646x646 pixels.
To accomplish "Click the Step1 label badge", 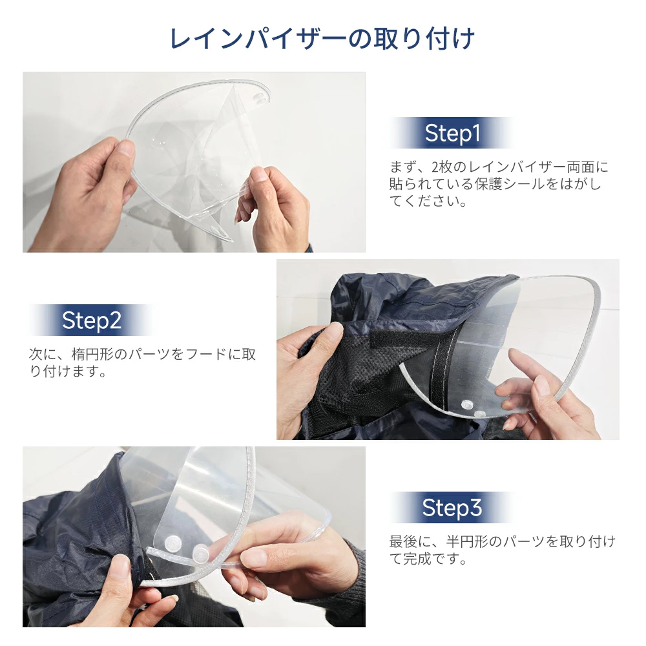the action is pos(452,133).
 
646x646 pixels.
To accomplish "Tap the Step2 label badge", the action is pos(92,320).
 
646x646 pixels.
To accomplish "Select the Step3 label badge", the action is pos(452,508).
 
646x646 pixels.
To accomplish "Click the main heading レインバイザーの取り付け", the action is pos(322,39).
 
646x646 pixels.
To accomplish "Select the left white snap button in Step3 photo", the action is pos(173,544).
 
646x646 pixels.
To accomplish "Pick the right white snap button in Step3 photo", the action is pos(201,552).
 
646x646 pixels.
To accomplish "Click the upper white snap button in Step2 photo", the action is pos(467,404).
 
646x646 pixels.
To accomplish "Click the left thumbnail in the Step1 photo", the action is pos(126,149).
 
